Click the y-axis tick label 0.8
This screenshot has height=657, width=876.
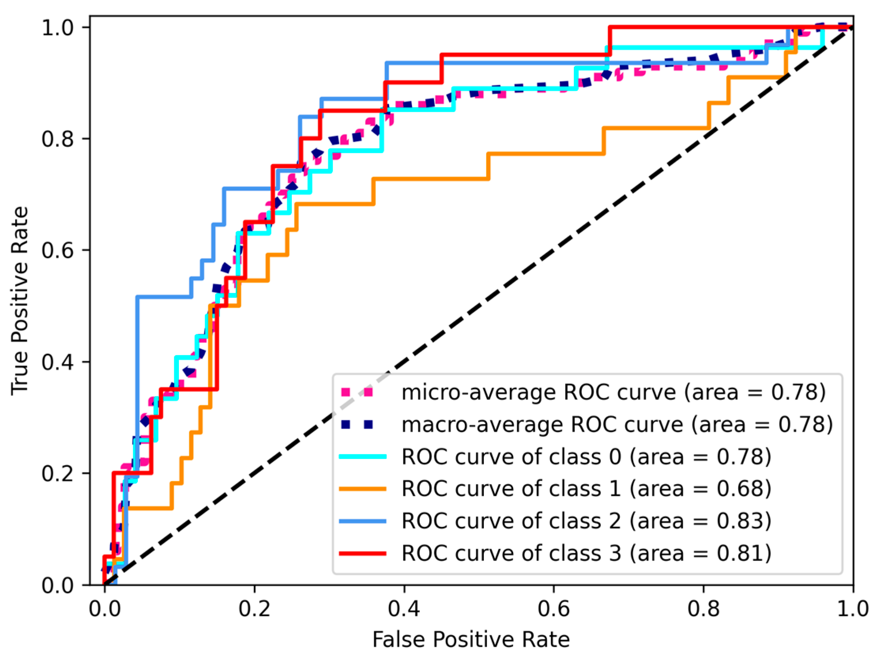point(58,139)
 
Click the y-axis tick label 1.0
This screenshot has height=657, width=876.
point(58,28)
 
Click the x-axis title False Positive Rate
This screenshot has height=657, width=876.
point(471,640)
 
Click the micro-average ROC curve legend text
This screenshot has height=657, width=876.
point(613,392)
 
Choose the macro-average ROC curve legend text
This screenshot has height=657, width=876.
point(617,425)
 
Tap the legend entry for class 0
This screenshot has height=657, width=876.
point(586,457)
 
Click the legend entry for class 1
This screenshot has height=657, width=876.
point(586,489)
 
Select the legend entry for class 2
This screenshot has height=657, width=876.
point(586,521)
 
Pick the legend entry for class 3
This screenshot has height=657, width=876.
point(586,553)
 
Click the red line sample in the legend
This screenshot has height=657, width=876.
point(362,553)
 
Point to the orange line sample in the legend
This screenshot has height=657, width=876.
point(362,489)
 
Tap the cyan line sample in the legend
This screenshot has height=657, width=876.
point(362,457)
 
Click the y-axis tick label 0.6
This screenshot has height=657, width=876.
point(58,251)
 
